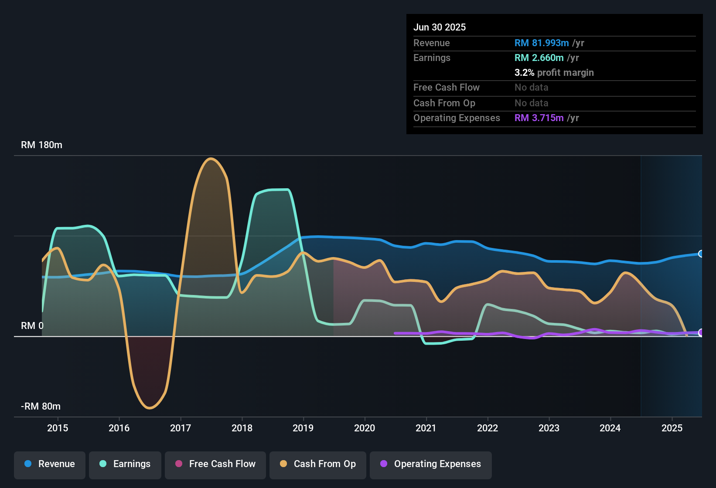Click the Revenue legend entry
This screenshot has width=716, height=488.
click(x=50, y=464)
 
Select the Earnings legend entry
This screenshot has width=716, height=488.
click(x=125, y=464)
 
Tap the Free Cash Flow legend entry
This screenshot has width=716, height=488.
click(x=215, y=464)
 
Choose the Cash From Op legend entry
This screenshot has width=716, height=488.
click(x=318, y=464)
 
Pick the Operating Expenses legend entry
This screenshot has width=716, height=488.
click(x=431, y=464)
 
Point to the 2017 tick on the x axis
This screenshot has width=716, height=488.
click(x=181, y=428)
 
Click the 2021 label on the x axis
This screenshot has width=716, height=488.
click(x=426, y=428)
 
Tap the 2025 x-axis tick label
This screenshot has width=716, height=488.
click(x=672, y=428)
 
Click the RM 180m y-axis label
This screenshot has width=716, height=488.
click(x=42, y=145)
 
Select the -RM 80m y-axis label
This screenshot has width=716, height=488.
click(x=41, y=407)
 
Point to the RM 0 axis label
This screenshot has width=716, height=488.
click(x=32, y=326)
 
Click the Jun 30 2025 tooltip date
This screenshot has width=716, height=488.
click(x=440, y=27)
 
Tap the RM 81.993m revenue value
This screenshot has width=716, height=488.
click(x=542, y=43)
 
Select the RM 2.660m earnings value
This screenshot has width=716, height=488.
click(x=539, y=58)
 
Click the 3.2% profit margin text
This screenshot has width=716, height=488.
click(x=554, y=73)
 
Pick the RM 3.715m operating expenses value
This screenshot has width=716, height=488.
click(x=539, y=118)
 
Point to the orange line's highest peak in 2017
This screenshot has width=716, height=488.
click(x=211, y=159)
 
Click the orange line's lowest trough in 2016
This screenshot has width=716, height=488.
click(x=150, y=408)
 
